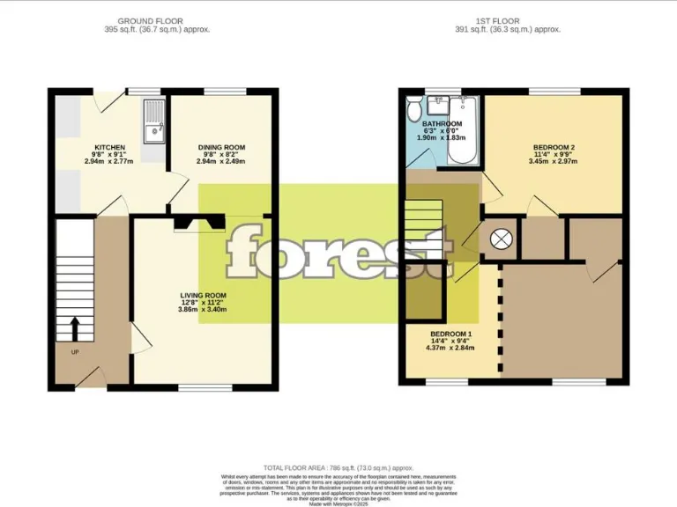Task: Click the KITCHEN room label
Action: pyautogui.click(x=110, y=147)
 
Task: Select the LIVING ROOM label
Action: pyautogui.click(x=204, y=295)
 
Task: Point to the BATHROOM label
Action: pyautogui.click(x=442, y=124)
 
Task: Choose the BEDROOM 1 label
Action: pyautogui.click(x=451, y=334)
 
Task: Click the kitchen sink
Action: pyautogui.click(x=155, y=123)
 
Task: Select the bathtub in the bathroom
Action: pyautogui.click(x=463, y=132)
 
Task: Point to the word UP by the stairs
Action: pyautogui.click(x=74, y=352)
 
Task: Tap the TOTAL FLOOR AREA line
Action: pyautogui.click(x=338, y=467)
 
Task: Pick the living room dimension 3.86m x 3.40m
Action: pyautogui.click(x=204, y=310)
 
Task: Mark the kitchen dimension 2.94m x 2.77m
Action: pyautogui.click(x=110, y=162)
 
